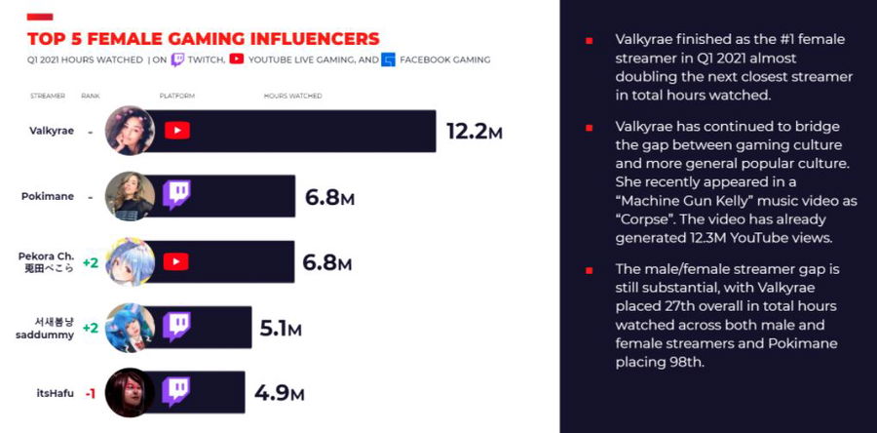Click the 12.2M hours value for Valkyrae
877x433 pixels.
click(x=474, y=131)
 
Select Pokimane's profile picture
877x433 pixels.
click(x=130, y=196)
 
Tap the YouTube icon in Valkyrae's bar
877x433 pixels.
click(x=176, y=131)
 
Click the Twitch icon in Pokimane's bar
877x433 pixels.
click(x=176, y=195)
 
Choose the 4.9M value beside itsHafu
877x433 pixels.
click(x=279, y=393)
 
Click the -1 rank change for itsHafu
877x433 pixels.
click(x=89, y=393)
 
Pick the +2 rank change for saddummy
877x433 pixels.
click(x=91, y=328)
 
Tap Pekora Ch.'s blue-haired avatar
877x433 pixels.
click(x=130, y=261)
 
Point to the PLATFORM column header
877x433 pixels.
click(x=176, y=96)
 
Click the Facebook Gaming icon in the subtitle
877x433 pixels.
click(x=389, y=59)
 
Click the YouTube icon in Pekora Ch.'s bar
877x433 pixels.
click(x=176, y=261)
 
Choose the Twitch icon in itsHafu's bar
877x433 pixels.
click(x=176, y=393)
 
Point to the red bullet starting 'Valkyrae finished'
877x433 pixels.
click(x=589, y=41)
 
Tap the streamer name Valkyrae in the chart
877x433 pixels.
click(x=51, y=131)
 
